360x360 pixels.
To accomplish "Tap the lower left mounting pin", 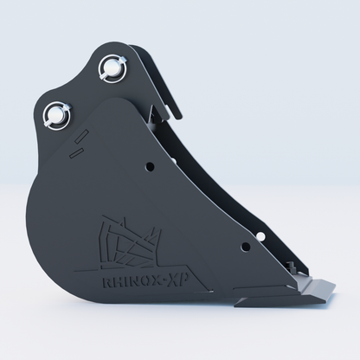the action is click(56, 115).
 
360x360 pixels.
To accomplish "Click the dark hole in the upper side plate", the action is click(150, 166).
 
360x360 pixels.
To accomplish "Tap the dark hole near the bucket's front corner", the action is click(246, 247).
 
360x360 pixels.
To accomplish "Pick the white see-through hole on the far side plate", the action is click(260, 236).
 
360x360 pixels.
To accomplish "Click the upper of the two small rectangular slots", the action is click(81, 136).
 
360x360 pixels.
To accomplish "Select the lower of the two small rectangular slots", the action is click(77, 152).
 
